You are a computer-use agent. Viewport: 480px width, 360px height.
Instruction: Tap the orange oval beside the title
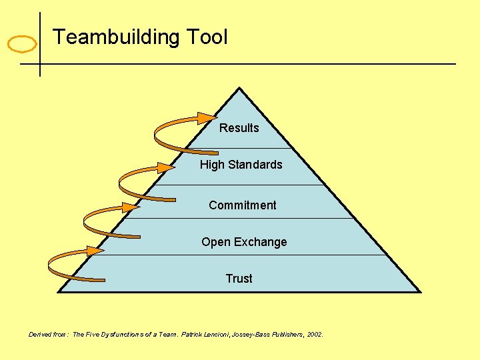tap(22, 45)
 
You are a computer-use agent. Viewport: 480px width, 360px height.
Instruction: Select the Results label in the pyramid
tap(239, 128)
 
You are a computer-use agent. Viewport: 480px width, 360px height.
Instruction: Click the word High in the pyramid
tap(211, 165)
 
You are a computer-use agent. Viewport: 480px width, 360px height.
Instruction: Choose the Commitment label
tap(242, 205)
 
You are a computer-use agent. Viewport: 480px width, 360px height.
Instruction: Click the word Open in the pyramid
tap(216, 242)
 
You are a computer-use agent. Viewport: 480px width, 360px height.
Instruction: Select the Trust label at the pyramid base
tap(239, 279)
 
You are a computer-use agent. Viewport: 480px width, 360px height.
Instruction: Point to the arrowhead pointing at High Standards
tap(167, 167)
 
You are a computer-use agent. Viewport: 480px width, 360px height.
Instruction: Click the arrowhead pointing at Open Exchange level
tap(95, 251)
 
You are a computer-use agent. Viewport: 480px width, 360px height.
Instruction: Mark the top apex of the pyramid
tap(239, 89)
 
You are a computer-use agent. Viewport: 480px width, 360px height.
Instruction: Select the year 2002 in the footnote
tap(315, 334)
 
